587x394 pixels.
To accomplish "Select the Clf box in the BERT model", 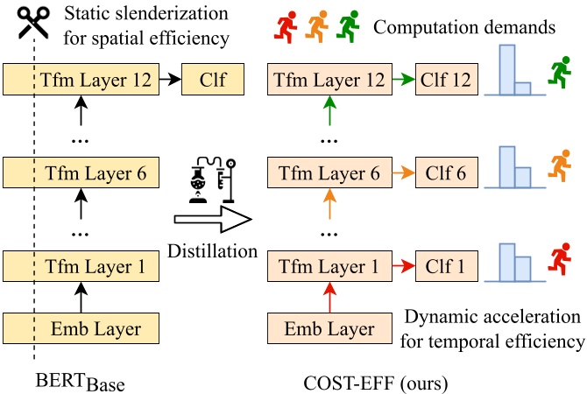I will click(x=209, y=81).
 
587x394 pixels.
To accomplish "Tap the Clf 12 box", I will click(x=447, y=81).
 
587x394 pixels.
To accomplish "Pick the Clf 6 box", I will click(x=447, y=172).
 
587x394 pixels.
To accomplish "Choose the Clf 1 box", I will click(x=447, y=264).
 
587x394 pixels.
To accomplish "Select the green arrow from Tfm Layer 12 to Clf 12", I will click(x=401, y=81).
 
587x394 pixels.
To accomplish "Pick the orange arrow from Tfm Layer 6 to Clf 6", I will click(x=401, y=172).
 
